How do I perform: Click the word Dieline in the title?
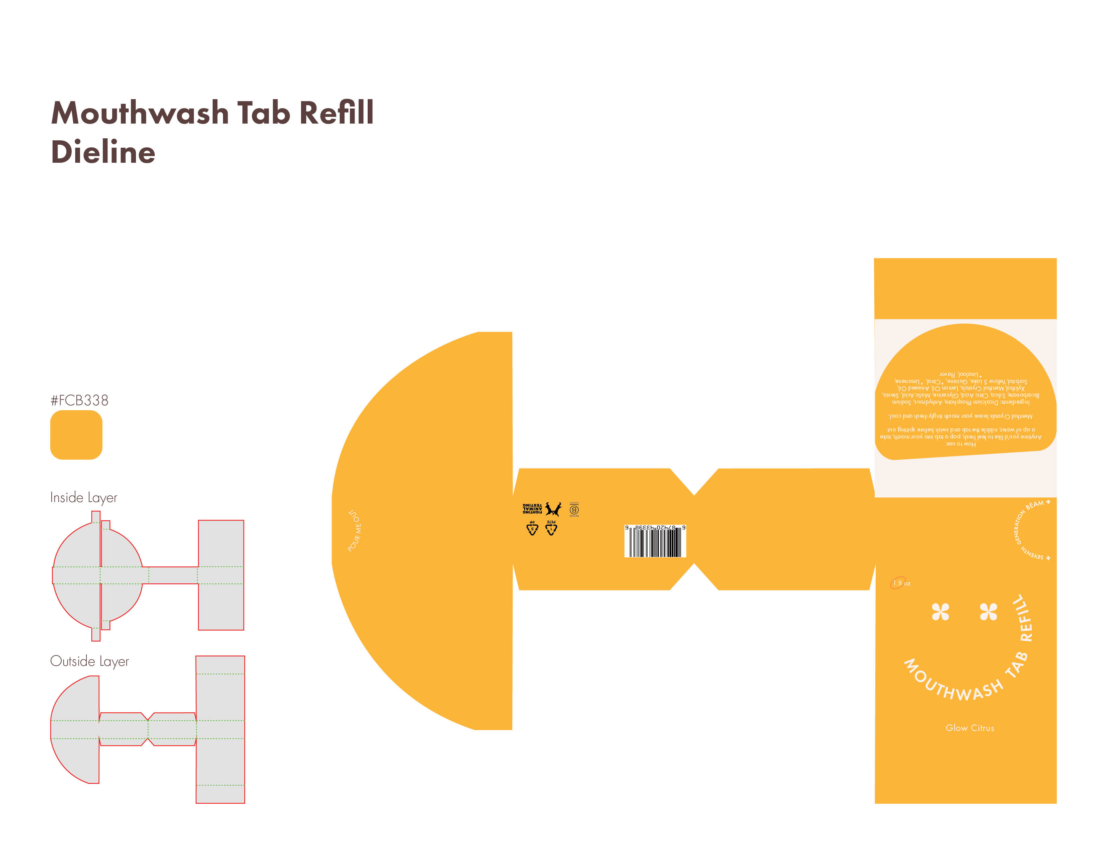point(103,152)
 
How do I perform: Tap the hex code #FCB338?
point(79,401)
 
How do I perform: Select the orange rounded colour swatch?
point(76,435)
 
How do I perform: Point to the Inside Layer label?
point(83,498)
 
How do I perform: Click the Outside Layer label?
point(89,661)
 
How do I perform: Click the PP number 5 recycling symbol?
point(532,528)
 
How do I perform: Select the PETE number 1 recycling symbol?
point(551,528)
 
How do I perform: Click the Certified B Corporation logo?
point(574,509)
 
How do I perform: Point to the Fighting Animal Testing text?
point(532,508)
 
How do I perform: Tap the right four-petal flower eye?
point(988,612)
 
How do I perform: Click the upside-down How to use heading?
point(961,444)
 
